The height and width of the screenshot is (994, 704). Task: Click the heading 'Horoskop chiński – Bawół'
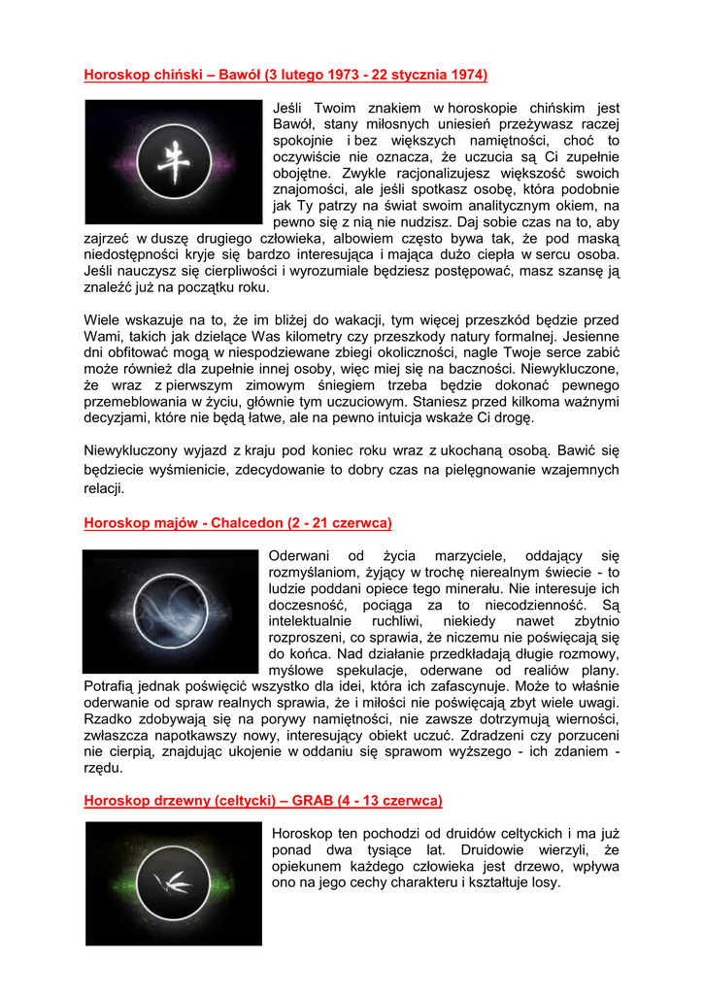pyautogui.click(x=285, y=75)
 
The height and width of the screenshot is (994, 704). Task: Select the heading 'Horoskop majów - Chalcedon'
pyautogui.click(x=237, y=523)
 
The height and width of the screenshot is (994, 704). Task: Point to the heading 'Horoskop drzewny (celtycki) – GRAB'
pyautogui.click(x=262, y=801)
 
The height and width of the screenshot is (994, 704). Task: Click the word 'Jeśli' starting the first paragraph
pyautogui.click(x=290, y=109)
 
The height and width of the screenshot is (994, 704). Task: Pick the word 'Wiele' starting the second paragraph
pyautogui.click(x=102, y=319)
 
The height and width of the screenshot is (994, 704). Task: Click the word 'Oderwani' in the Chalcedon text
pyautogui.click(x=299, y=556)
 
